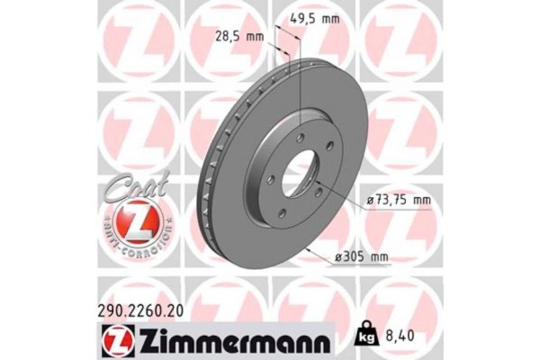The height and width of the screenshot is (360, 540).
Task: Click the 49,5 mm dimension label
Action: tap(318, 15)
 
